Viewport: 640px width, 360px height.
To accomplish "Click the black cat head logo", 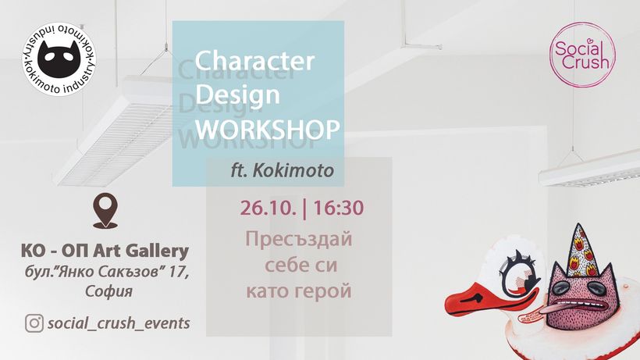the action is coord(59,59).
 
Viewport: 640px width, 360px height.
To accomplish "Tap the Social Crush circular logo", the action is coord(582,55).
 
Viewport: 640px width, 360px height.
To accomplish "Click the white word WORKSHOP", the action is coord(268,129).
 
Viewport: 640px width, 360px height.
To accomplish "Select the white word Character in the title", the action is coord(254,61).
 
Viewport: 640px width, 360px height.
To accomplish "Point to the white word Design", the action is coord(237,94).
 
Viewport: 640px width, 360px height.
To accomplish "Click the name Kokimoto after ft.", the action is coord(293,170).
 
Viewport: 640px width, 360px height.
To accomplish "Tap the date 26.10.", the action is coord(268,208).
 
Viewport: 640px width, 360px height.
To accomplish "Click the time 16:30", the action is coord(338,208).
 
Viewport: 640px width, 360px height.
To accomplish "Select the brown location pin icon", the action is coord(105,210).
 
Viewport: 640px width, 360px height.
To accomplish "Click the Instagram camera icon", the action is coord(34,323).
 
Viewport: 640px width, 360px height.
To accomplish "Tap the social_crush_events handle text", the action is coord(119,323).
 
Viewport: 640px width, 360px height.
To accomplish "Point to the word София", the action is coord(109,291).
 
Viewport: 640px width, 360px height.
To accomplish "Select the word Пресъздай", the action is coord(298,239).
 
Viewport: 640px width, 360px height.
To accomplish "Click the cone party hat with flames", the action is coord(579,250).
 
